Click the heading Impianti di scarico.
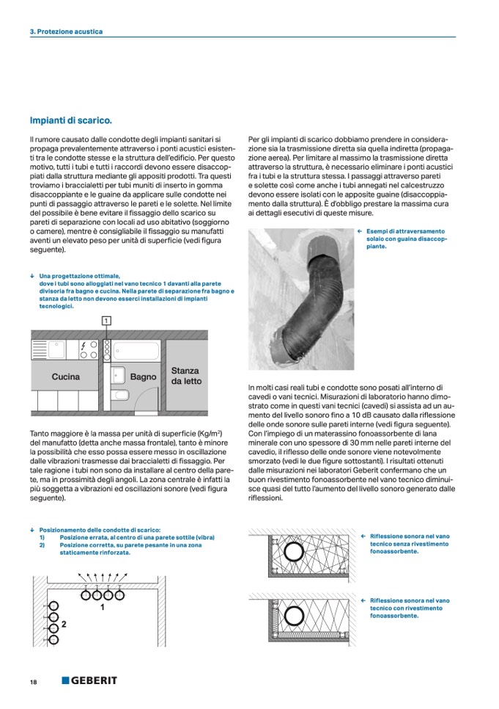click(71, 120)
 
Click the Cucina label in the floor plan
click(66, 377)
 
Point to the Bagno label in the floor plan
click(144, 377)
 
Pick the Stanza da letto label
click(186, 376)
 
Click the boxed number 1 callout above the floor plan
click(107, 321)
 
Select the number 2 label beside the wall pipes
click(64, 624)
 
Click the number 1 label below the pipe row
click(103, 608)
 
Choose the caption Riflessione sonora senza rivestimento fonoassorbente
click(410, 544)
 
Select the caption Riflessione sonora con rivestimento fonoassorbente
click(410, 608)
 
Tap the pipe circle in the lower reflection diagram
click(295, 616)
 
